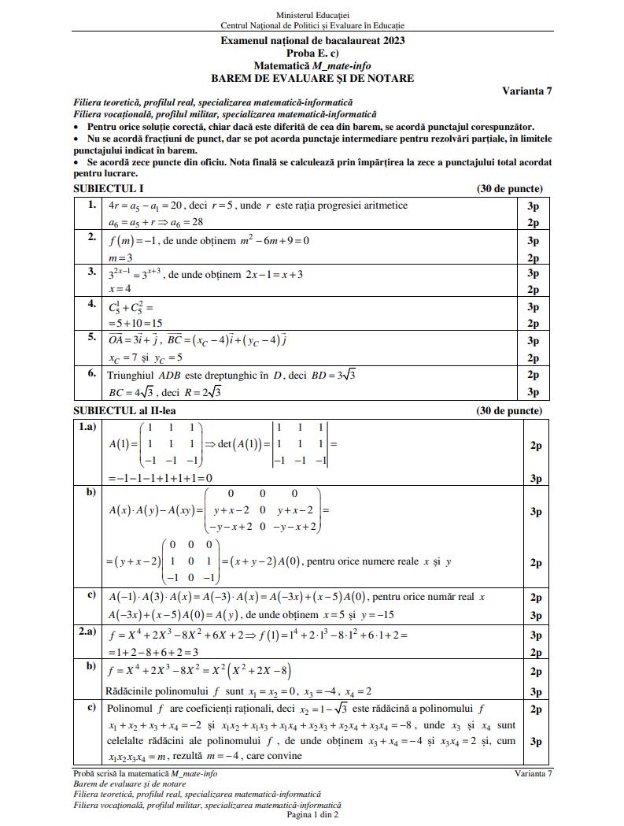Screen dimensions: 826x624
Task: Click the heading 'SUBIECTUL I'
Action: click(x=108, y=189)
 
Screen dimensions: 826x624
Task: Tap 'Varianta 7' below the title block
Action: click(x=526, y=91)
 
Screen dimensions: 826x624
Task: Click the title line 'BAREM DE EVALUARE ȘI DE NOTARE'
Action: click(x=312, y=79)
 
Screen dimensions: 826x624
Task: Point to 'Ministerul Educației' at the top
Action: click(x=312, y=15)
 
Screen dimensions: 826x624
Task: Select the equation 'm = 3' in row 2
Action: click(x=120, y=258)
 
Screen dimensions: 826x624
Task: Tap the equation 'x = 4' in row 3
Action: click(x=120, y=290)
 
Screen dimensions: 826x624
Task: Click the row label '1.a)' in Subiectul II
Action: click(x=88, y=427)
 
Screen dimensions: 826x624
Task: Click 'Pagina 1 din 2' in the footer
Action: click(x=312, y=815)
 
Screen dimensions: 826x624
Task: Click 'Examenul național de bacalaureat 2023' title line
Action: click(x=312, y=41)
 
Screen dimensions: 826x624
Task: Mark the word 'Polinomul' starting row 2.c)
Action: click(x=131, y=709)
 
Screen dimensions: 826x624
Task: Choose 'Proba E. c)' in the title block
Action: click(x=312, y=54)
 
